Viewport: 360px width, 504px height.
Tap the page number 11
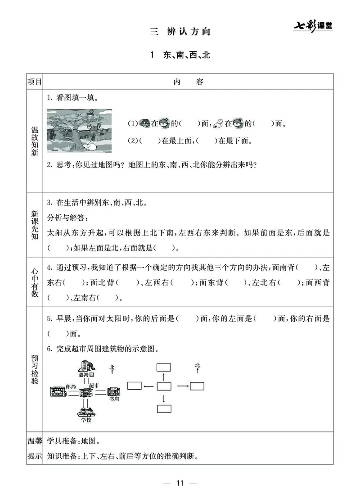click(x=180, y=483)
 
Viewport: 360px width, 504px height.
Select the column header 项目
click(x=34, y=82)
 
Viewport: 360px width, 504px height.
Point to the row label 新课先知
click(x=34, y=223)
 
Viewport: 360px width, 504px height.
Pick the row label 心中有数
click(x=34, y=282)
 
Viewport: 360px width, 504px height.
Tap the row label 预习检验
click(x=34, y=369)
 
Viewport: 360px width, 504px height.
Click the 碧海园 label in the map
click(x=85, y=375)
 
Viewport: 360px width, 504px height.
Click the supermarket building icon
click(x=85, y=392)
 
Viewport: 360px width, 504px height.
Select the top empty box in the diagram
click(x=164, y=367)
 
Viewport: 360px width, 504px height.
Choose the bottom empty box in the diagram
click(x=164, y=409)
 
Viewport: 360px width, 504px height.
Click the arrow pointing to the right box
click(x=182, y=386)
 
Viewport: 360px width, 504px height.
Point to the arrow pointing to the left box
click(x=148, y=386)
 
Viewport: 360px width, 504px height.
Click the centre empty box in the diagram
click(x=164, y=386)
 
